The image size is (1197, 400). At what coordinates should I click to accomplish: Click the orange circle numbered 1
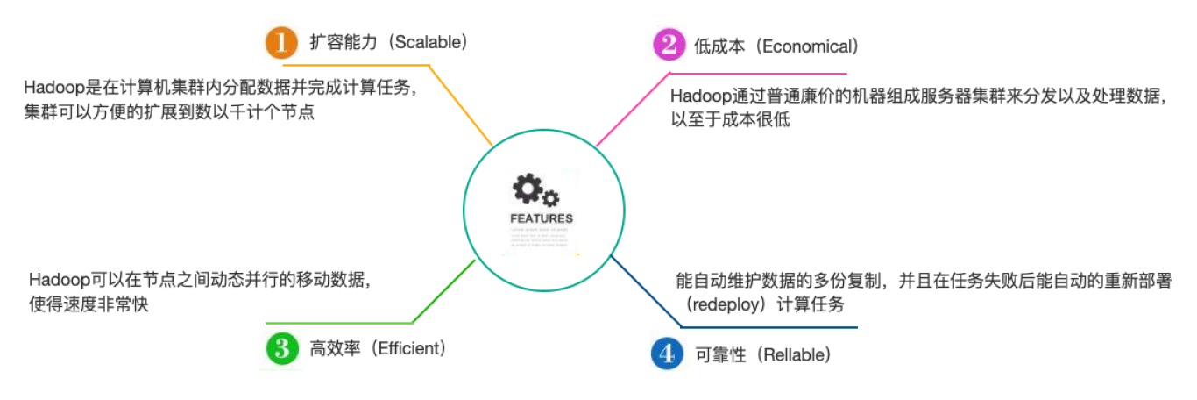[x=281, y=43]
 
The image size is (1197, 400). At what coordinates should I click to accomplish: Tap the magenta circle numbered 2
[x=668, y=45]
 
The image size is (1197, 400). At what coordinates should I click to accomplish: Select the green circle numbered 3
[x=281, y=348]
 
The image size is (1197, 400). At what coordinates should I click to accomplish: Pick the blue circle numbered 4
[x=667, y=354]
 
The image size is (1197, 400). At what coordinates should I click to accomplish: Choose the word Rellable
[x=793, y=354]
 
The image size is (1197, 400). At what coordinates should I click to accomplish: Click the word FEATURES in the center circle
[x=541, y=218]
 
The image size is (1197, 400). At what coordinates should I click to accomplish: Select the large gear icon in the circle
[x=528, y=188]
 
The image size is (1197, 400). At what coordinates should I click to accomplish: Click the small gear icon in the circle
[x=551, y=198]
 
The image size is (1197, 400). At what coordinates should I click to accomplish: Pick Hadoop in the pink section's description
[x=696, y=96]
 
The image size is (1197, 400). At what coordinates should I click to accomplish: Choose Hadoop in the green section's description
[x=53, y=280]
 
